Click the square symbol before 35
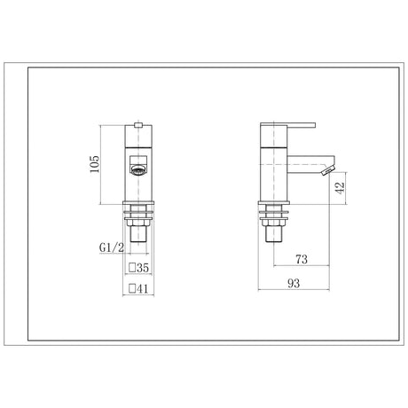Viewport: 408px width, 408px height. coord(132,268)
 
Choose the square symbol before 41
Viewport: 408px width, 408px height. coord(132,289)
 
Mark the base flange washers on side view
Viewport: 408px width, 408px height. coord(271,210)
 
